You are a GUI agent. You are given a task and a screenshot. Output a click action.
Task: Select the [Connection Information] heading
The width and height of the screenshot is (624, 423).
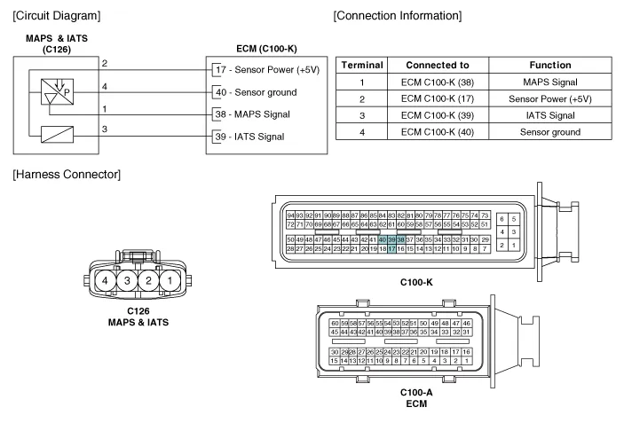397,15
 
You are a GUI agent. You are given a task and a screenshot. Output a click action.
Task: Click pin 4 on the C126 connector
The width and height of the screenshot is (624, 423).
106,281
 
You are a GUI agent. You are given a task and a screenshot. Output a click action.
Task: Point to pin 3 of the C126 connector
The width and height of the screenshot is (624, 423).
126,281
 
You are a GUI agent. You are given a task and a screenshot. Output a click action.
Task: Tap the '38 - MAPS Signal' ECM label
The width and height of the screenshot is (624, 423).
257,114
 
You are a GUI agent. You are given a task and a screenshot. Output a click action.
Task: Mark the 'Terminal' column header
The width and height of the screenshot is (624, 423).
362,65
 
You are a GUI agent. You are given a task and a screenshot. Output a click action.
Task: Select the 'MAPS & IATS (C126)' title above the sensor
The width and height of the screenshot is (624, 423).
57,43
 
